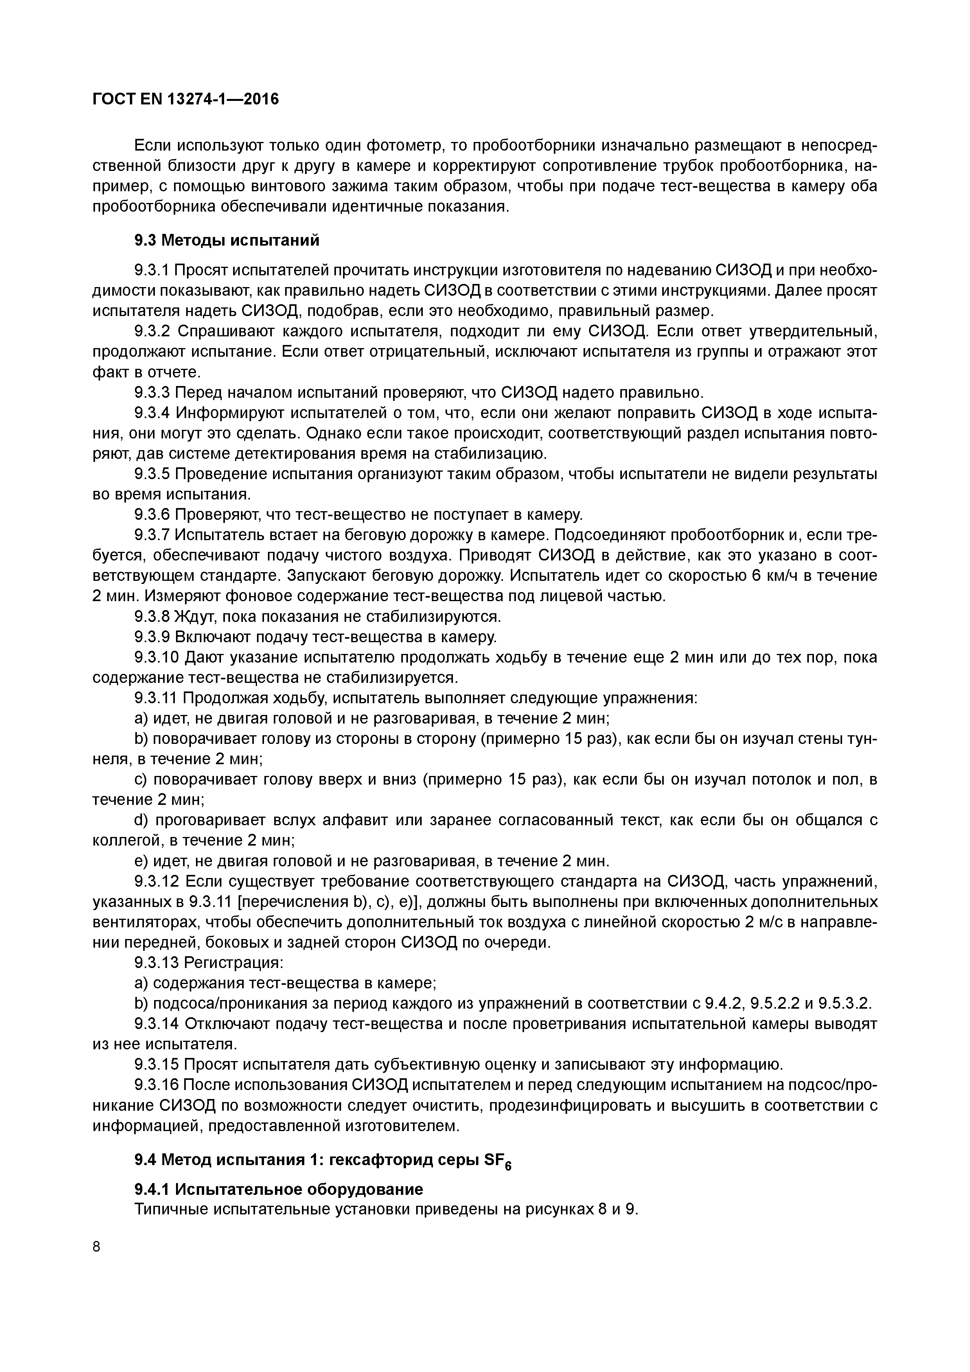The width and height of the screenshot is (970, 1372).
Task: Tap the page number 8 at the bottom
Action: tap(97, 1246)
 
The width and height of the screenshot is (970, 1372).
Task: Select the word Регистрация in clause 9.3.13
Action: tap(232, 963)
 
